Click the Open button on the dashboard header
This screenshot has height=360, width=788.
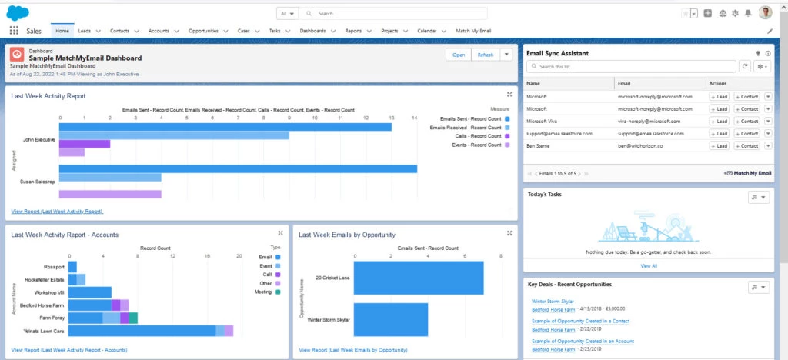459,55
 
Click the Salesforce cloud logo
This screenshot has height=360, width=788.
18,12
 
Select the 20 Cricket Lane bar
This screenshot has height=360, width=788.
424,278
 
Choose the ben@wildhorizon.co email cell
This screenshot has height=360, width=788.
645,145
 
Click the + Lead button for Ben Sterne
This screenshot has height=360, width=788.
719,145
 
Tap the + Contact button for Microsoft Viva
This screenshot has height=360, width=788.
746,121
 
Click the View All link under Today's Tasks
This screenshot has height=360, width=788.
649,265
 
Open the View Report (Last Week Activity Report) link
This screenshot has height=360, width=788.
57,211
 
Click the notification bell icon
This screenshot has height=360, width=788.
747,13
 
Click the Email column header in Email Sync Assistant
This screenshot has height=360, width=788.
625,82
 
